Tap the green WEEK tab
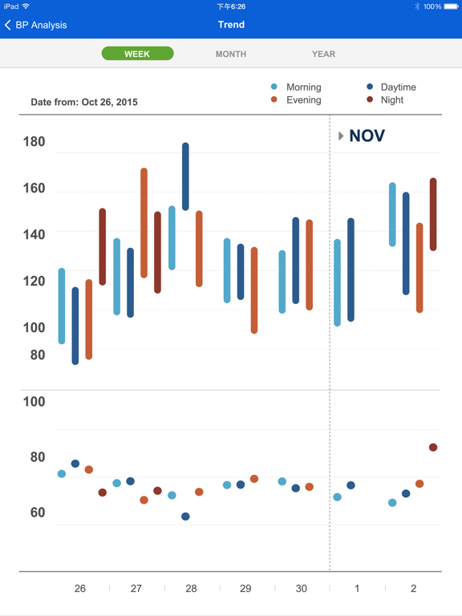(x=137, y=54)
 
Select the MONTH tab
(x=231, y=55)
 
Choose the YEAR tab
(x=324, y=55)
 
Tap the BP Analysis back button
(x=36, y=25)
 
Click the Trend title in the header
(x=231, y=25)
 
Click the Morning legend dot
(x=274, y=87)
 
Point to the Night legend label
(x=391, y=100)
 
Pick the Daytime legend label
(x=399, y=87)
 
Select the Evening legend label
(x=304, y=100)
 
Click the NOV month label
(x=367, y=136)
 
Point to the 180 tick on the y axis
(x=34, y=141)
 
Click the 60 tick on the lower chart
(x=38, y=513)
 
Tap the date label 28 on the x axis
(x=191, y=588)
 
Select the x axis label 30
(x=301, y=588)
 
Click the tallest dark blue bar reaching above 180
(x=185, y=176)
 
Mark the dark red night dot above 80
(x=433, y=447)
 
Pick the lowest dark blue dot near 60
(x=185, y=517)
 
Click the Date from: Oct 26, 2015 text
(x=84, y=102)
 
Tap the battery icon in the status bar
(x=451, y=6)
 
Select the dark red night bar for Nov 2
(x=433, y=214)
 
